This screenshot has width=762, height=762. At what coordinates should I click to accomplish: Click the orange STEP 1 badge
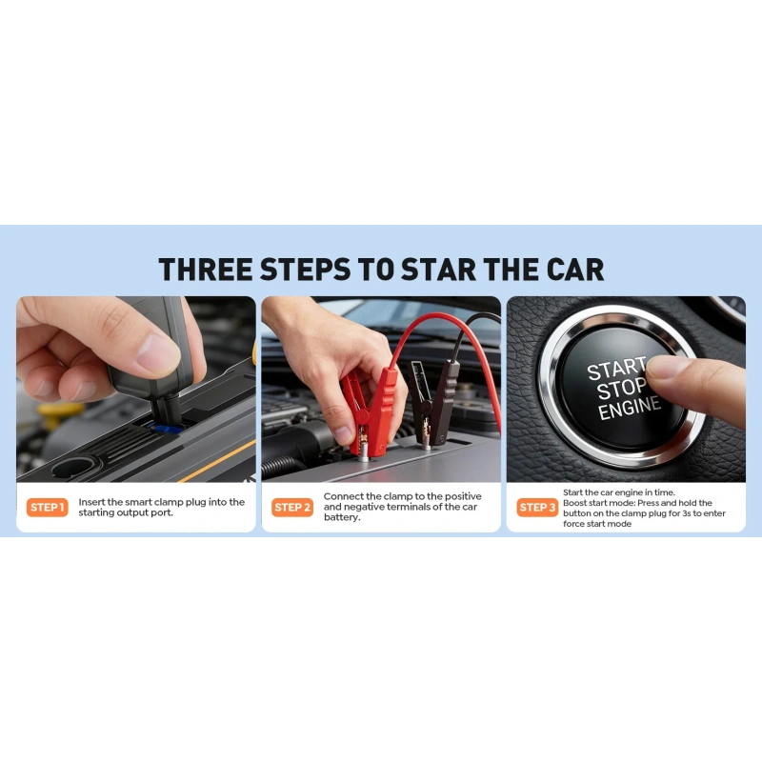pyautogui.click(x=47, y=508)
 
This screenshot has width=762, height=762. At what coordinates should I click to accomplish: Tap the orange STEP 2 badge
pyautogui.click(x=292, y=508)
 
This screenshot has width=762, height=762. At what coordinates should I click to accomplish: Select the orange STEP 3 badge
pyautogui.click(x=537, y=508)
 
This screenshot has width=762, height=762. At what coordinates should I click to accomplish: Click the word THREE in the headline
pyautogui.click(x=206, y=270)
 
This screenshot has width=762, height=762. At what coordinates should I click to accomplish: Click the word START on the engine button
pyautogui.click(x=616, y=370)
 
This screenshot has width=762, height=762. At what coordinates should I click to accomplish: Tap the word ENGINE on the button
pyautogui.click(x=630, y=408)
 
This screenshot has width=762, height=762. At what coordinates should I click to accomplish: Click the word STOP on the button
pyautogui.click(x=622, y=389)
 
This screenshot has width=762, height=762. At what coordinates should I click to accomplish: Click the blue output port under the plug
pyautogui.click(x=166, y=428)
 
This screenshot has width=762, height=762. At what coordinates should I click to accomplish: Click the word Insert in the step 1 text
pyautogui.click(x=91, y=502)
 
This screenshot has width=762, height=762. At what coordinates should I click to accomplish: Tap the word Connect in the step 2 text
pyautogui.click(x=343, y=496)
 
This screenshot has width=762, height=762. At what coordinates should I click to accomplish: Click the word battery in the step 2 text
pyautogui.click(x=342, y=517)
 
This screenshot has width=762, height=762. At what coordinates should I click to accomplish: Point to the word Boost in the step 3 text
pyautogui.click(x=574, y=503)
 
